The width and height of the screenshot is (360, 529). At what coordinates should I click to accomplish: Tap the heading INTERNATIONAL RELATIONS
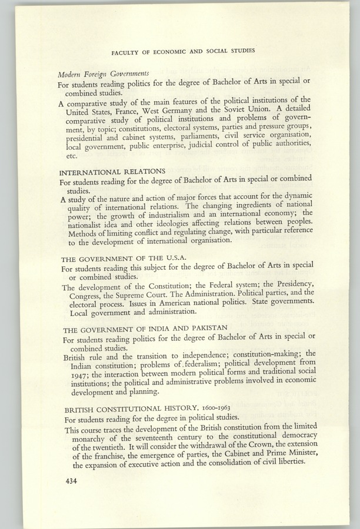pyautogui.click(x=112, y=172)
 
